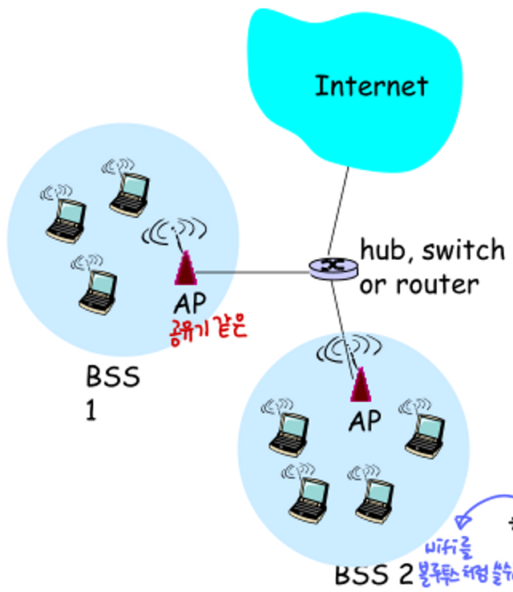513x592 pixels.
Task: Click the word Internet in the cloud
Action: pos(371,86)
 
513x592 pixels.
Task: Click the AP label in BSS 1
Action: pos(189,302)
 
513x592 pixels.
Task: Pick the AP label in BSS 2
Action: pos(365,420)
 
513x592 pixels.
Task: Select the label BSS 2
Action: pos(373,574)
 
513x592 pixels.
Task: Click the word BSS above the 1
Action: pos(112,376)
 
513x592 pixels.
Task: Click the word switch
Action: pos(464,250)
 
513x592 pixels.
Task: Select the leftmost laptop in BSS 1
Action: pos(66,217)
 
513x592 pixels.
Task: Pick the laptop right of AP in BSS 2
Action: pos(422,429)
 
